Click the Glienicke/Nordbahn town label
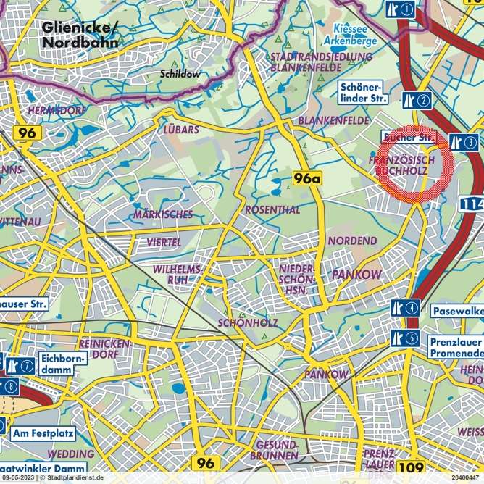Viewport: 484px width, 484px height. point(80,35)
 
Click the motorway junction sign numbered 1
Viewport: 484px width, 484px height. point(401,9)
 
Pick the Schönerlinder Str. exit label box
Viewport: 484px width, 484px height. point(363,92)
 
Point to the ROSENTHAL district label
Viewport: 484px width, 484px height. point(272,209)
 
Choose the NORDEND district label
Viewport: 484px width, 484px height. point(352,241)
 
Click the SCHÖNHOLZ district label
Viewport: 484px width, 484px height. point(248,322)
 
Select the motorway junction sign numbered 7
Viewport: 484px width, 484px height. point(21,366)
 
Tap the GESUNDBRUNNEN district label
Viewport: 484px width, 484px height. point(272,449)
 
